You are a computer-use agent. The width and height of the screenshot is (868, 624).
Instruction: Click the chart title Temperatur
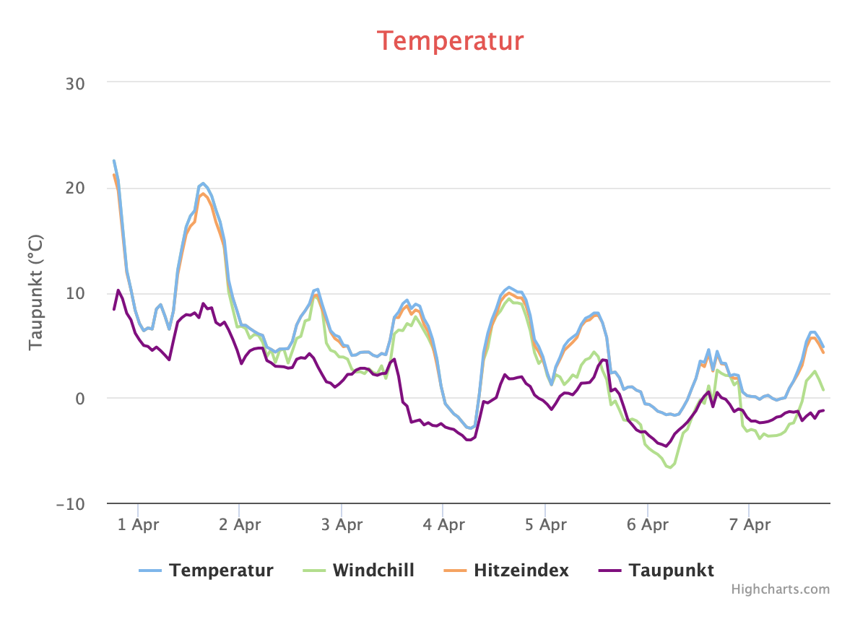tap(451, 40)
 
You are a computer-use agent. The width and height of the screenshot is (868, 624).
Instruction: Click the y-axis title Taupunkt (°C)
tap(36, 292)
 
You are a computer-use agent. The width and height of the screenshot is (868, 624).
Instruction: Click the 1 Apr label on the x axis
tap(138, 525)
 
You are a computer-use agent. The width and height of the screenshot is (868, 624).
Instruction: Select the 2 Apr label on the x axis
tap(240, 525)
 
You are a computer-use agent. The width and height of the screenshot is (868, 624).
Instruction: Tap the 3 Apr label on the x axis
tap(342, 525)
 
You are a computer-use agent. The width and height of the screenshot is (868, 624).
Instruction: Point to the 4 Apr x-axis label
tap(443, 525)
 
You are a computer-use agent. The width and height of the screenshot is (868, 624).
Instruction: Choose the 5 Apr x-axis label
tap(545, 525)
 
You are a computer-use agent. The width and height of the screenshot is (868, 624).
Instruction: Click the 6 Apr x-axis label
tap(647, 525)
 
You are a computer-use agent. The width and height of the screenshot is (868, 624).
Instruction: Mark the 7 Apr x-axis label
tap(749, 525)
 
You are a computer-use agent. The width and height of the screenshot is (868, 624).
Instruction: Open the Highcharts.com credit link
tap(781, 589)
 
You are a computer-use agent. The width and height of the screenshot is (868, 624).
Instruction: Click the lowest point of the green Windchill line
tap(669, 467)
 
